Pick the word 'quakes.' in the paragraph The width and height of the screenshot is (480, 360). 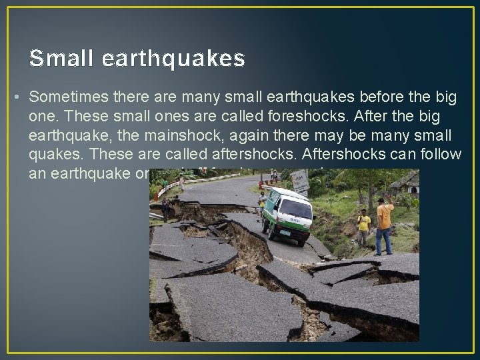click(x=57, y=155)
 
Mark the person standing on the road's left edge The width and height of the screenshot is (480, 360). click(x=165, y=209)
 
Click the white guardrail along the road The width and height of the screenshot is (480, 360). click(x=170, y=187)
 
